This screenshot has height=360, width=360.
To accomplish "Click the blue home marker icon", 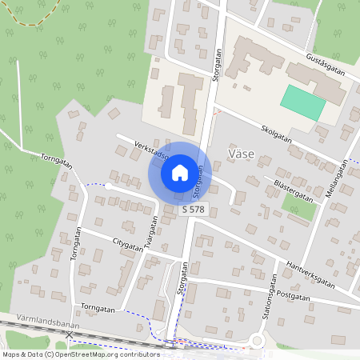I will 179,172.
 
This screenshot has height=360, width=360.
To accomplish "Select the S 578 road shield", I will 192,209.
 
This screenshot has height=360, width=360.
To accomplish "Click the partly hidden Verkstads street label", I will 152,151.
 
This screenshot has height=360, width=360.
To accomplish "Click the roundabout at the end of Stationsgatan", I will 258,342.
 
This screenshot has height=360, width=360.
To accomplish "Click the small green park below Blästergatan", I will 298,206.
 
